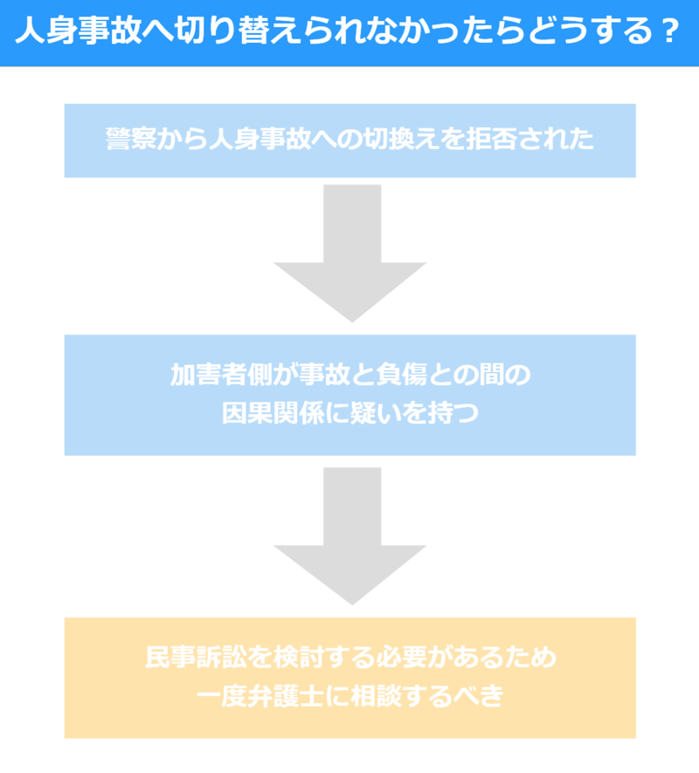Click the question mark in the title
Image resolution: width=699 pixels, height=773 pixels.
(668, 32)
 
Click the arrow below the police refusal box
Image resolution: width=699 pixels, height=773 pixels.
(349, 253)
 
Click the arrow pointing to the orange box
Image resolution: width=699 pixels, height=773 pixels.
(349, 536)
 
